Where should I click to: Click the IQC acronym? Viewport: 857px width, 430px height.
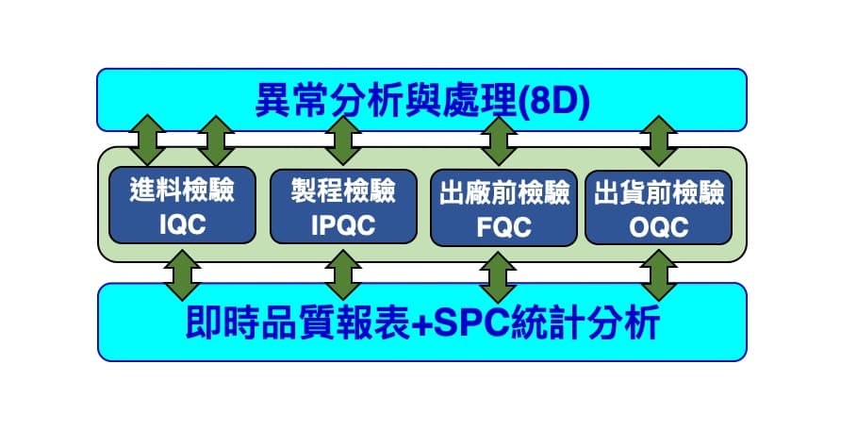(183, 224)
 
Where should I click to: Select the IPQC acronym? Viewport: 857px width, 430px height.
(343, 225)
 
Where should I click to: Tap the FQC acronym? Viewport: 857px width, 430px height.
(504, 227)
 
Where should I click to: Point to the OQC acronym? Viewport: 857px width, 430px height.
(659, 227)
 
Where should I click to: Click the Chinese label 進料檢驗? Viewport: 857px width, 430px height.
(182, 190)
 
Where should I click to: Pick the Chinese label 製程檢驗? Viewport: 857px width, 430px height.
(343, 191)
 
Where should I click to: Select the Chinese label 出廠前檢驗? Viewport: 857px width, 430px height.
(504, 193)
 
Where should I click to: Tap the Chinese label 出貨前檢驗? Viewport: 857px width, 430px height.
(659, 193)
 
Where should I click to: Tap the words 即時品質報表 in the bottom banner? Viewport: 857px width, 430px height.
(298, 322)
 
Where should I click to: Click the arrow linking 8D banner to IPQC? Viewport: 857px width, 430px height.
(343, 141)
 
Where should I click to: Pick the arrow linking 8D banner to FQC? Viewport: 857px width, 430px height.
(499, 141)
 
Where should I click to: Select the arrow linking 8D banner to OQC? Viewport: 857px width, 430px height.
(659, 141)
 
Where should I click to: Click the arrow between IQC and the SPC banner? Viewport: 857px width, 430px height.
(183, 275)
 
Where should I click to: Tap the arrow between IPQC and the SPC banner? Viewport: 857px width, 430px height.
(343, 275)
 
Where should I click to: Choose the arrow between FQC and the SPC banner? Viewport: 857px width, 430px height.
(498, 277)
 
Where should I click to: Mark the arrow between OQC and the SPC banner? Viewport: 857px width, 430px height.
(659, 276)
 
